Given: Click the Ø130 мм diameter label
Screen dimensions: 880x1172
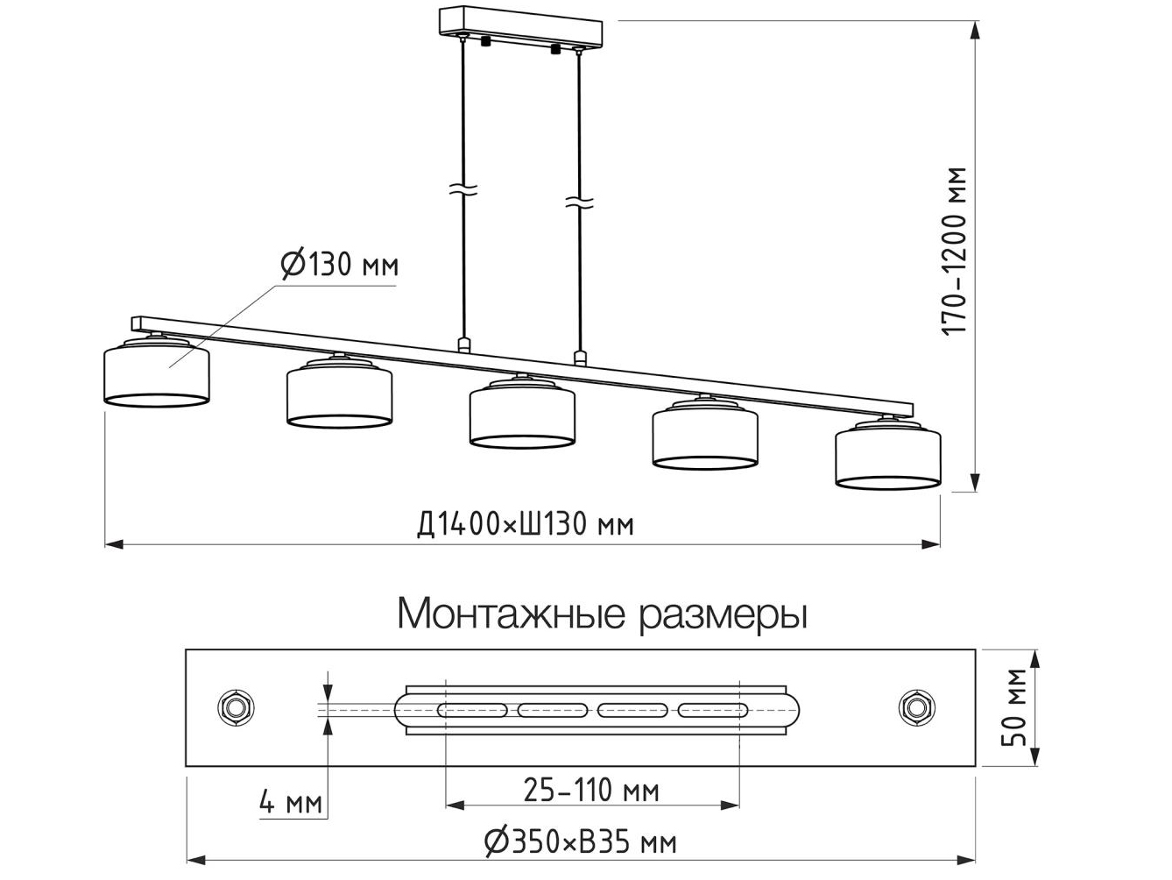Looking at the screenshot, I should pos(339,264).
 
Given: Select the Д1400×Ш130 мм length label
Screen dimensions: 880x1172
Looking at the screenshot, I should pos(526,524).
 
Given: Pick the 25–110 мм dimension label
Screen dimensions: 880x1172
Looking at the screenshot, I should pos(591,791).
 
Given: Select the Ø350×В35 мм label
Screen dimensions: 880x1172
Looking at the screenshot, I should pos(581,843).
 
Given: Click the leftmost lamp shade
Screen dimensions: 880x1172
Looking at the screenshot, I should pos(157,375).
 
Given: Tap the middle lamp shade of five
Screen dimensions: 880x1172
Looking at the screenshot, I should pos(522,415).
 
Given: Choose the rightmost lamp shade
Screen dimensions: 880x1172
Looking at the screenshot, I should pos(887,456).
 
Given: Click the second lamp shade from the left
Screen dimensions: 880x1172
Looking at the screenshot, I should pos(339,395).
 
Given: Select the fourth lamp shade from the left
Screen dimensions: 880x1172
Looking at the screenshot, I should pos(705,436).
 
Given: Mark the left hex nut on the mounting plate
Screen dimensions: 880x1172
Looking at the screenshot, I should pos(236,706).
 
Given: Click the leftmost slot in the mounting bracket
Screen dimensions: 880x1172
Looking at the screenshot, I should pos(473,709).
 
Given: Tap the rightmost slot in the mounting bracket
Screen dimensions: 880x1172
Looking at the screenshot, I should pos(712,709).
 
